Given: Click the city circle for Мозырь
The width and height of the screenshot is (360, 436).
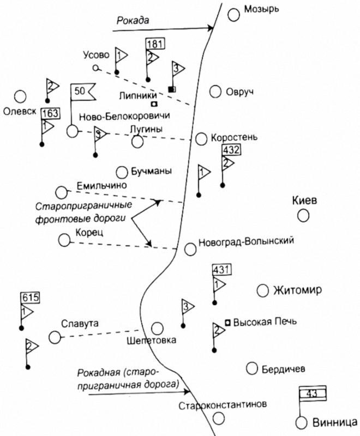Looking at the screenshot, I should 234,15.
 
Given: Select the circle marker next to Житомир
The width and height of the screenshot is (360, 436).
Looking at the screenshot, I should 263,289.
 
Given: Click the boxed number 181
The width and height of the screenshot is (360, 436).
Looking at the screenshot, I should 154,43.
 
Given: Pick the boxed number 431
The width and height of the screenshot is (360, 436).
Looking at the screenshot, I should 221,270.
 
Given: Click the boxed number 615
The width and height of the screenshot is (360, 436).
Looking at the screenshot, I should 30,297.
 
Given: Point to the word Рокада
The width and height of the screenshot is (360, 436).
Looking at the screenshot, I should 133,20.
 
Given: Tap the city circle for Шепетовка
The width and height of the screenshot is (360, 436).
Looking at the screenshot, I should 157,328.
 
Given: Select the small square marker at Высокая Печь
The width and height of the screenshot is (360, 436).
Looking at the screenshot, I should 227,321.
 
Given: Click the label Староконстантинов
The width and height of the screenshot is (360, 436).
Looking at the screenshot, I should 223,406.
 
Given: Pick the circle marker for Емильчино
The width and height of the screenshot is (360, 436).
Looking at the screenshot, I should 61,192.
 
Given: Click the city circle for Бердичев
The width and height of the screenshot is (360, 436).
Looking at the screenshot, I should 251,368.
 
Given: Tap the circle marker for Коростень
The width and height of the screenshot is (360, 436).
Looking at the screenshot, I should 202,138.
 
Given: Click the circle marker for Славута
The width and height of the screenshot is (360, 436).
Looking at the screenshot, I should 54,337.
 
